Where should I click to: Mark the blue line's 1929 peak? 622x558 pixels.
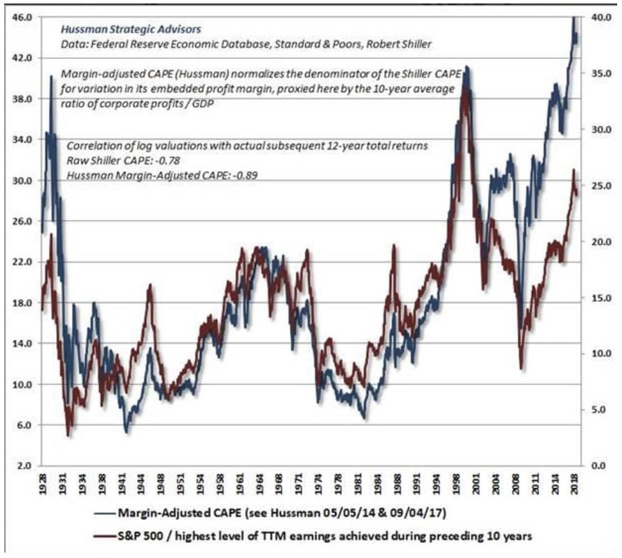point(51,77)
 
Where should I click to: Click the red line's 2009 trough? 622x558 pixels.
point(521,368)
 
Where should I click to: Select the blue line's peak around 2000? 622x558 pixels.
point(468,67)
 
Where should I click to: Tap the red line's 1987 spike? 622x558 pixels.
point(394,245)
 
